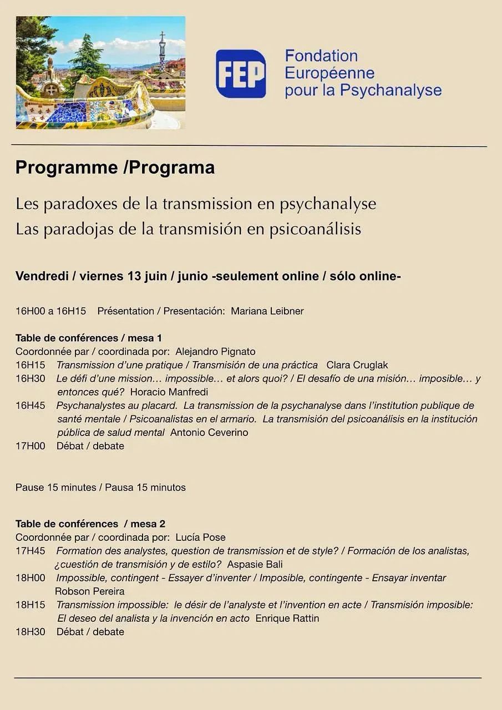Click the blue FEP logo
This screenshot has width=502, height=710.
point(241,73)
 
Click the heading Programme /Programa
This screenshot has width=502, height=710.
point(115,168)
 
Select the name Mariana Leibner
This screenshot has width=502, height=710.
point(267,311)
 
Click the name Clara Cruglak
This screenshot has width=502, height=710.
point(357,365)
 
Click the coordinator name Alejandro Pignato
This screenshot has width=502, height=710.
point(215,352)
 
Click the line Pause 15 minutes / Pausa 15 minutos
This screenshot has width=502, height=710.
point(100,488)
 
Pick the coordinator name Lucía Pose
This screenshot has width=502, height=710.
point(200,537)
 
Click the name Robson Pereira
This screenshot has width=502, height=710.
point(90,591)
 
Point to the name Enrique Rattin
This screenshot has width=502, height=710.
point(287,618)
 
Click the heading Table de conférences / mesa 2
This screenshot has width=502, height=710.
point(90,524)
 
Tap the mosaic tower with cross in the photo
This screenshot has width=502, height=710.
point(163,51)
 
